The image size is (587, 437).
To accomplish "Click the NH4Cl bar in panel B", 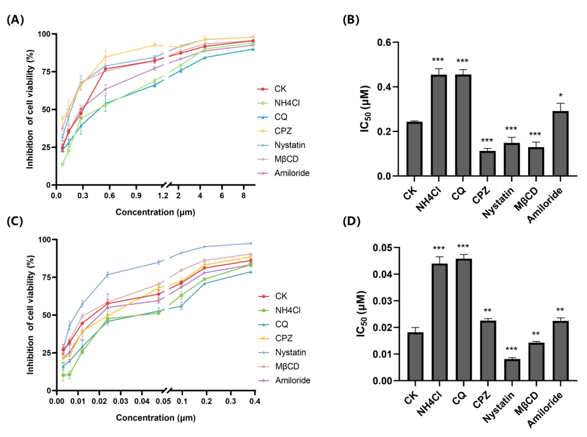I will [439, 126].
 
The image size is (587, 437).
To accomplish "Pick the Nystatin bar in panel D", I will [512, 370].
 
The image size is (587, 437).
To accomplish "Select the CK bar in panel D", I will [415, 357].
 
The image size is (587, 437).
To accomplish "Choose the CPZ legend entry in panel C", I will [284, 338].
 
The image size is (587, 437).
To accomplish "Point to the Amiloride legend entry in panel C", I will [292, 380].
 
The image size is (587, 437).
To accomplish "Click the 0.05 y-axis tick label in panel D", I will [383, 248].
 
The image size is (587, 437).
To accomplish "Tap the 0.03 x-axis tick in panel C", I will [121, 401].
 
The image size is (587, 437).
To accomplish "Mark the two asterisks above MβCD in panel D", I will [536, 334].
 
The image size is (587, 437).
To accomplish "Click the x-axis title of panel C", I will [156, 418].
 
